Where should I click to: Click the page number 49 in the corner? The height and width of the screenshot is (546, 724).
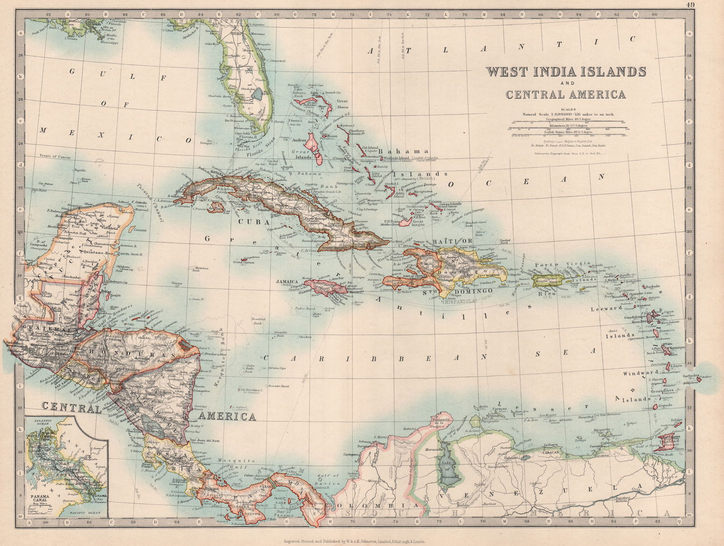(690, 5)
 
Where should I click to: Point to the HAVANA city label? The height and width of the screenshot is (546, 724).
(220, 173)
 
